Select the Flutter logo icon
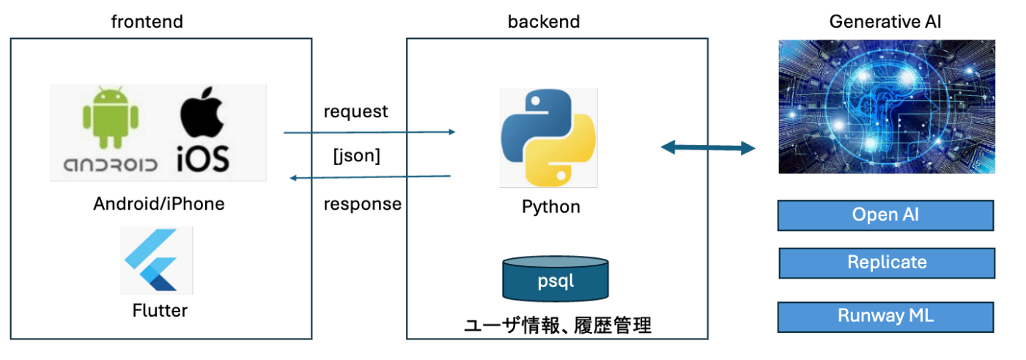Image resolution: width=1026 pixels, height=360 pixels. click(x=157, y=260)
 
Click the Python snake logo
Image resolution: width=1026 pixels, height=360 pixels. click(x=548, y=139)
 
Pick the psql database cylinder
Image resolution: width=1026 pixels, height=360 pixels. click(x=555, y=279)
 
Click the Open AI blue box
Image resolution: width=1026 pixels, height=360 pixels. click(x=885, y=215)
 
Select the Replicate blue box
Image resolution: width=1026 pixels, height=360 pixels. click(x=887, y=262)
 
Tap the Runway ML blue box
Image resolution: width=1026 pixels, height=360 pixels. click(x=885, y=317)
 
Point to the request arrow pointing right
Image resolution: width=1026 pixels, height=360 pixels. click(x=369, y=132)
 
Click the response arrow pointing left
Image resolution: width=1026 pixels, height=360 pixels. click(x=370, y=177)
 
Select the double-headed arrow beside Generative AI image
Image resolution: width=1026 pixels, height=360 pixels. click(x=707, y=148)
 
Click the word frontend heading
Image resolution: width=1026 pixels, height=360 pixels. click(x=147, y=22)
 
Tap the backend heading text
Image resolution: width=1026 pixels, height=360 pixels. click(x=544, y=22)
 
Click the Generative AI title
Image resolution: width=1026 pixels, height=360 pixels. click(x=885, y=22)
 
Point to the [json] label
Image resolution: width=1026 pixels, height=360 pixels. click(x=357, y=155)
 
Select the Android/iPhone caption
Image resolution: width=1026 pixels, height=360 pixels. click(x=159, y=204)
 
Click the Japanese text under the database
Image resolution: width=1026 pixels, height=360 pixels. click(x=558, y=326)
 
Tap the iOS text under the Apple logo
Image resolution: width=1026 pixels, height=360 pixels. click(x=203, y=158)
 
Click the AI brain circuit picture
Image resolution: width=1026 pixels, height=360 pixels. click(x=887, y=106)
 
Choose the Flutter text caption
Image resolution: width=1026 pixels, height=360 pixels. click(x=160, y=310)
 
